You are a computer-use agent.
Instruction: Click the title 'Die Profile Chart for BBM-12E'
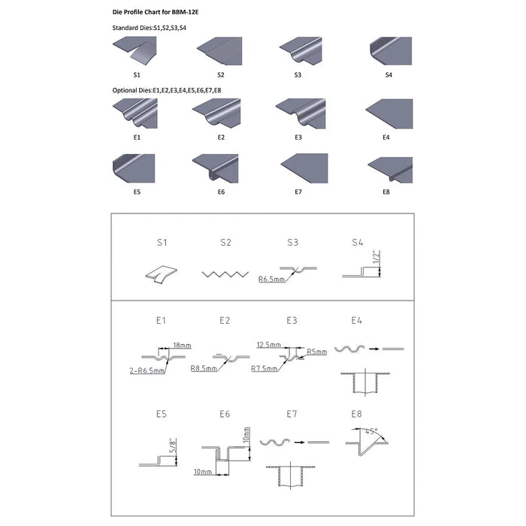click(156, 12)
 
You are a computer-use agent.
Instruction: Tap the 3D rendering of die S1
click(135, 52)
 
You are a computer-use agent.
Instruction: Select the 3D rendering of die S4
click(391, 51)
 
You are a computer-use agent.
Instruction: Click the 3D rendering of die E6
click(216, 168)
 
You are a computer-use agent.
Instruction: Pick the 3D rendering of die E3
click(301, 113)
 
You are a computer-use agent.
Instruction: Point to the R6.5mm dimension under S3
click(271, 279)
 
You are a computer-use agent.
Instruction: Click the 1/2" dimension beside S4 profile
click(376, 257)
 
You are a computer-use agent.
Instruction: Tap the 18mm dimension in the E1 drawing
click(182, 345)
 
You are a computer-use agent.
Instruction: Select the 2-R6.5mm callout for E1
click(147, 370)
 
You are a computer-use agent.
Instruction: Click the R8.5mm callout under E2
click(204, 368)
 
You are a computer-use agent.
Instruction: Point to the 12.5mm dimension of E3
click(269, 344)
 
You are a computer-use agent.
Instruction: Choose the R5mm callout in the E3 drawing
click(316, 352)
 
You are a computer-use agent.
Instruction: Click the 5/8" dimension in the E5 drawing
click(173, 446)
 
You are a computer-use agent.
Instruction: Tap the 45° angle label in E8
click(371, 431)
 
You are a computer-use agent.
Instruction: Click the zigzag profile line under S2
click(225, 274)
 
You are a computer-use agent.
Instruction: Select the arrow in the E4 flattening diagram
click(374, 349)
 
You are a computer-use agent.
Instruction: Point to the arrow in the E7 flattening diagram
click(300, 442)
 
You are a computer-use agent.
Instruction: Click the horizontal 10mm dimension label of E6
click(203, 472)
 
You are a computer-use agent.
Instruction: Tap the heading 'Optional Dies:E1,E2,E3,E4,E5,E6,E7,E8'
click(167, 90)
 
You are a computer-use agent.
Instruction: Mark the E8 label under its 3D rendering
click(386, 192)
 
